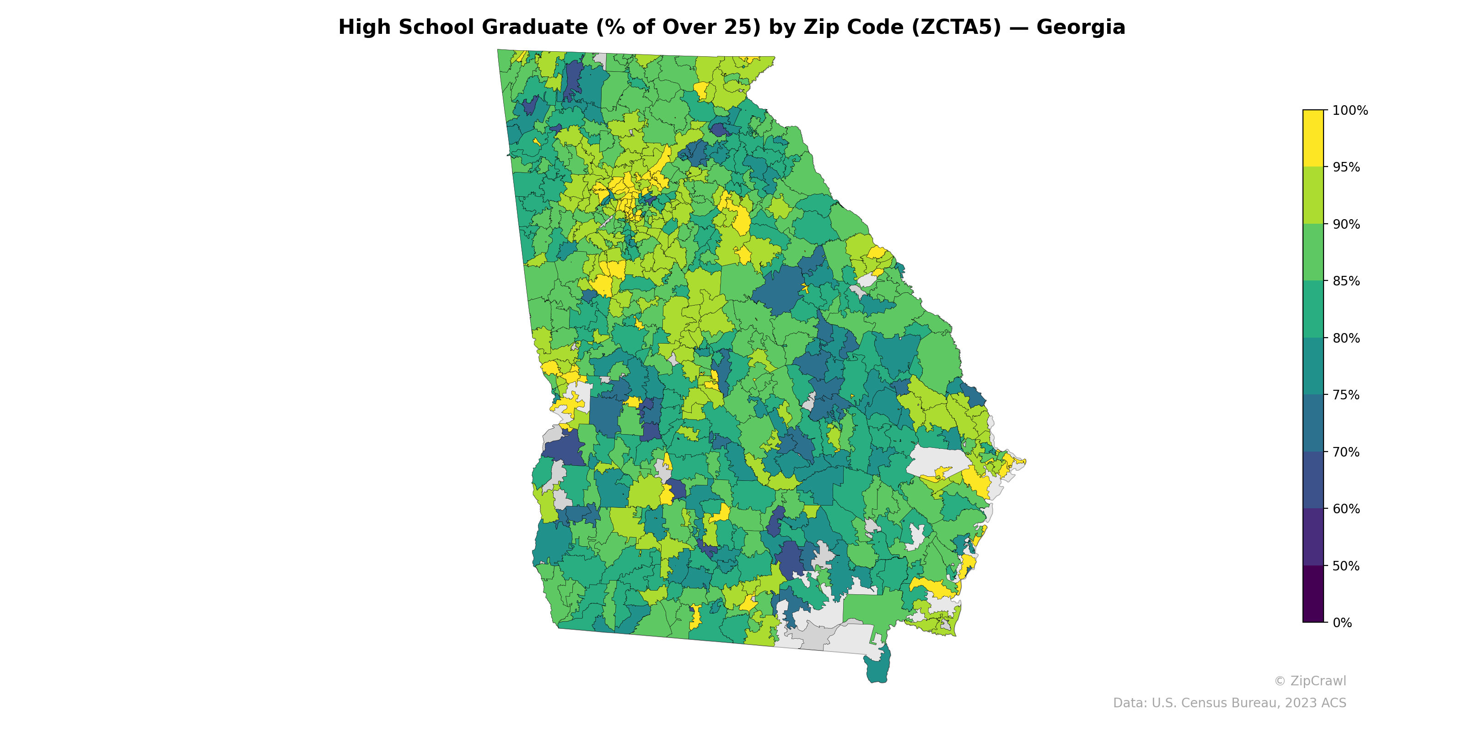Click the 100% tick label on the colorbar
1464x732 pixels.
(x=1350, y=111)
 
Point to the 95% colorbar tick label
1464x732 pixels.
(x=1346, y=167)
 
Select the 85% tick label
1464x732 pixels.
(x=1346, y=281)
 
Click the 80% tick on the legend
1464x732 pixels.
(x=1346, y=338)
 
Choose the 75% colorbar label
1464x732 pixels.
(x=1346, y=395)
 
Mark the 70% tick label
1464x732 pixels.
(x=1346, y=452)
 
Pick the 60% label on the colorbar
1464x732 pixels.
(x=1346, y=509)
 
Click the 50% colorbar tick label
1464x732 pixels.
(x=1346, y=566)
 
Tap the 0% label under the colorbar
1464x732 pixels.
(x=1342, y=623)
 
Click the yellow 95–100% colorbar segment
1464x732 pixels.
(x=1313, y=138)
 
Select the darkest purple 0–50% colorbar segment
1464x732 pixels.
(x=1313, y=594)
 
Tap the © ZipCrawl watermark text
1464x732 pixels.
(x=1309, y=681)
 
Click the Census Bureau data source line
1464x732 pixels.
(x=1229, y=703)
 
